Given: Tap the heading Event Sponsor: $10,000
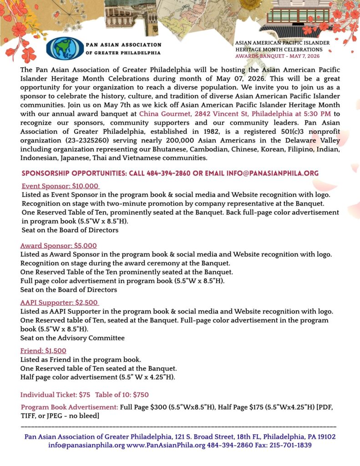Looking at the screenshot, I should pyautogui.click(x=61, y=186).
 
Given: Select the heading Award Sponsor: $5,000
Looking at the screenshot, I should pyautogui.click(x=58, y=245).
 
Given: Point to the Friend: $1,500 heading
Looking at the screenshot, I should pyautogui.click(x=43, y=350).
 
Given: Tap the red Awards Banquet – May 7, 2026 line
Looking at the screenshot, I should pyautogui.click(x=277, y=56).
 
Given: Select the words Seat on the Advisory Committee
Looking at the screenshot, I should pyautogui.click(x=72, y=338).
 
